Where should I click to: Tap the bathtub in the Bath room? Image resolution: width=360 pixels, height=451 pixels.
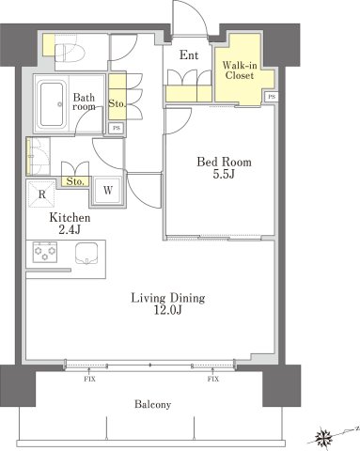click(53, 104)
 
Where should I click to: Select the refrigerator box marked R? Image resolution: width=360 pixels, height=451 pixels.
click(41, 194)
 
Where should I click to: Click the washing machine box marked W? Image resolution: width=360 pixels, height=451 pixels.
click(108, 190)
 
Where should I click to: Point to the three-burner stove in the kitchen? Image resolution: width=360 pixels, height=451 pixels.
click(45, 252)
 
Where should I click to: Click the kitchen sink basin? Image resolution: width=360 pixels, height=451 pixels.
click(86, 254)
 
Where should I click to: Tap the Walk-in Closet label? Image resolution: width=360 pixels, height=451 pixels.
click(240, 70)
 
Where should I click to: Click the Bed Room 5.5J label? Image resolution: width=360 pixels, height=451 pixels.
click(224, 168)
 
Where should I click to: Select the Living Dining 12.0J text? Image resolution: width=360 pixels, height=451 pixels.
click(168, 303)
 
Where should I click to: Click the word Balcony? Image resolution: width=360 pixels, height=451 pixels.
click(153, 404)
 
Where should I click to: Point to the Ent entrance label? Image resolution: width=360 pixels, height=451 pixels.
click(189, 55)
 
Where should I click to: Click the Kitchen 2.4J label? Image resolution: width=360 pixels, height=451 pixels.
click(70, 224)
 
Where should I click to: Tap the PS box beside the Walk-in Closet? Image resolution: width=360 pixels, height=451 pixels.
click(272, 97)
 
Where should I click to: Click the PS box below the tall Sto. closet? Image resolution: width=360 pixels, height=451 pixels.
click(117, 128)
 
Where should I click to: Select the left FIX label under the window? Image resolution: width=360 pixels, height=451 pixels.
click(89, 380)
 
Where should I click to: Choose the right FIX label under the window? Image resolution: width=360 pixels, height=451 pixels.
click(213, 380)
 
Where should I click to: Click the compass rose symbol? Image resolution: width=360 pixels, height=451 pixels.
click(323, 436)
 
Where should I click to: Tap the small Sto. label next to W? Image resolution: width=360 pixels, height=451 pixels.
click(75, 181)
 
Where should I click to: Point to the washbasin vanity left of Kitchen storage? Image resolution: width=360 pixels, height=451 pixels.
click(39, 156)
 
